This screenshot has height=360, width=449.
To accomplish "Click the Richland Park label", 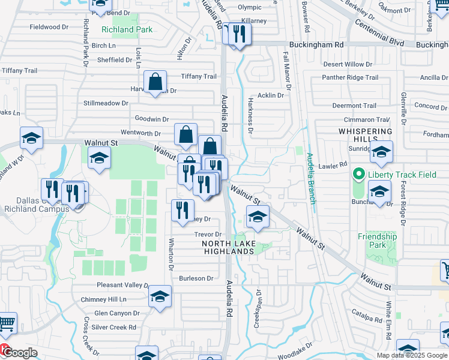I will tap(127, 29).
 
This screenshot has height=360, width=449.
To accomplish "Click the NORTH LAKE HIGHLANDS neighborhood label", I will tap(237, 247).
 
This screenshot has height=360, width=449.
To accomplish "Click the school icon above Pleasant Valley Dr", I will tap(160, 296).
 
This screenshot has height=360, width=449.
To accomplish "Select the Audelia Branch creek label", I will tap(311, 178).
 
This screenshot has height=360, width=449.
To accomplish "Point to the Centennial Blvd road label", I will tap(379, 33).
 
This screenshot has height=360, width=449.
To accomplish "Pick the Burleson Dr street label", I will tap(196, 278).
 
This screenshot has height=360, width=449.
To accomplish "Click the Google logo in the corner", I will tap(19, 352).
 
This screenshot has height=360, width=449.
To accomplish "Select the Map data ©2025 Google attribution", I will tap(411, 355).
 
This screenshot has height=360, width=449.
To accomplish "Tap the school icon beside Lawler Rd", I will tap(381, 152).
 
